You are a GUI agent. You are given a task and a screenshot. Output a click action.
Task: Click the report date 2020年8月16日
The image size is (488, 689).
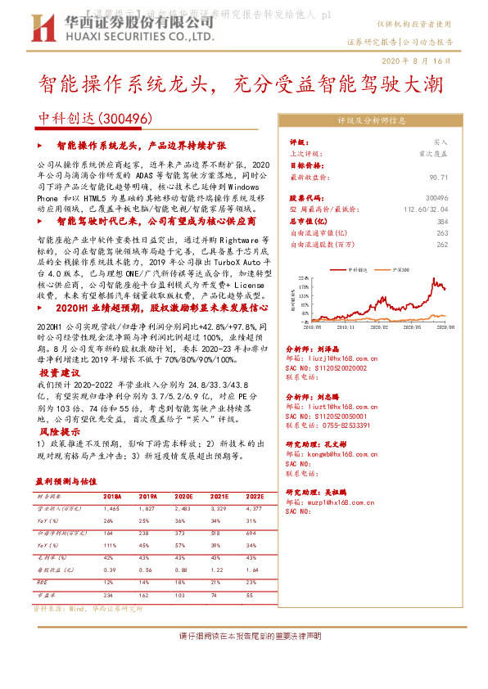point(418,61)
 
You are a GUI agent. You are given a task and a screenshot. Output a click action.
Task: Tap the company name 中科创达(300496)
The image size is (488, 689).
point(96,119)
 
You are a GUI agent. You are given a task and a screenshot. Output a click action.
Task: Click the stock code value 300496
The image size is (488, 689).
point(438,198)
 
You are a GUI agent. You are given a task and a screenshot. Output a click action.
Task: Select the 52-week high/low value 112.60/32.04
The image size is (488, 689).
point(427,209)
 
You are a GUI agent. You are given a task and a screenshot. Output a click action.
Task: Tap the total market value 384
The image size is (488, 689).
point(443,221)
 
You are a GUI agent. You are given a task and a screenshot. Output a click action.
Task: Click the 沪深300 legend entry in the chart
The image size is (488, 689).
point(404,268)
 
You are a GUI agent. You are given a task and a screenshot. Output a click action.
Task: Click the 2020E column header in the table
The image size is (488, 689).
point(183,497)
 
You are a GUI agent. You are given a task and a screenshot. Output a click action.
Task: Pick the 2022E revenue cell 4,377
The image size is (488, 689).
point(255,509)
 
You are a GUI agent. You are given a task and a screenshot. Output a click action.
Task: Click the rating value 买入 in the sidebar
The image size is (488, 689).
point(441,142)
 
